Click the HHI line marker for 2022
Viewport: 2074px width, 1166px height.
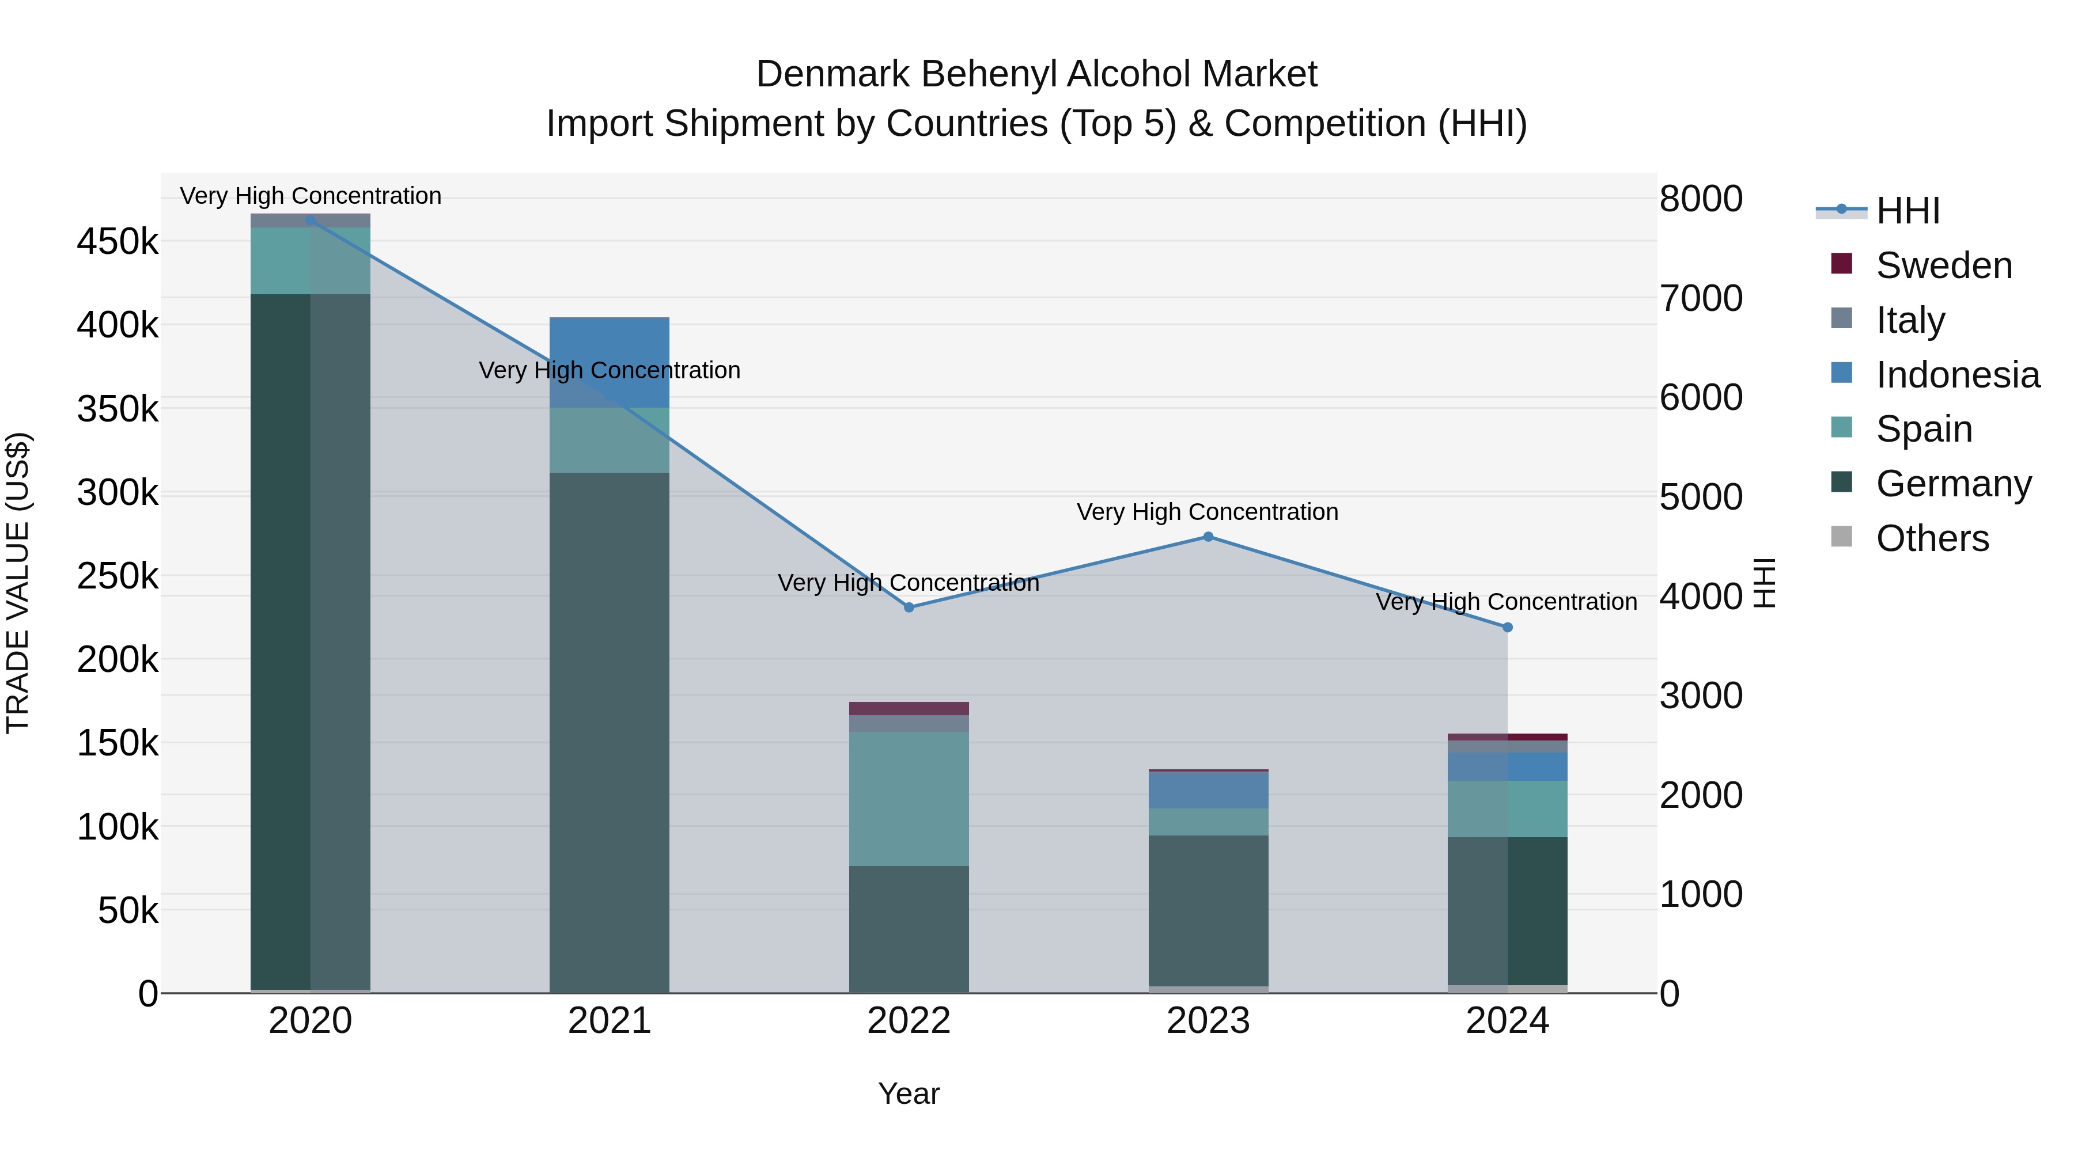pyautogui.click(x=909, y=607)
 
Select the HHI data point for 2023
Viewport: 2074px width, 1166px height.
pyautogui.click(x=1208, y=537)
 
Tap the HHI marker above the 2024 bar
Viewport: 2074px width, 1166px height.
pyautogui.click(x=1507, y=627)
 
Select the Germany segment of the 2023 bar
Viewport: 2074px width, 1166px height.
pyautogui.click(x=1208, y=909)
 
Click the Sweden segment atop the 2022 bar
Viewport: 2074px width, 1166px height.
pyautogui.click(x=909, y=708)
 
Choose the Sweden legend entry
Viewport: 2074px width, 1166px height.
pyautogui.click(x=1944, y=265)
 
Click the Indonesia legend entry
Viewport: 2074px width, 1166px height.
pyautogui.click(x=1957, y=375)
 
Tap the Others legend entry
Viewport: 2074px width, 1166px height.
pyautogui.click(x=1932, y=538)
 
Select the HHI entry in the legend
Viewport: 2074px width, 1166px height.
pyautogui.click(x=1908, y=211)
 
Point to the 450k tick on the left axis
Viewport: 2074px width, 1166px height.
pyautogui.click(x=118, y=241)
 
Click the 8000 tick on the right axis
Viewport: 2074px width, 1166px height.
pyautogui.click(x=1701, y=199)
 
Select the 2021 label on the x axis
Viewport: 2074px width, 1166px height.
pyautogui.click(x=610, y=1021)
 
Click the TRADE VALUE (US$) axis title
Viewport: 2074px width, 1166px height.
pyautogui.click(x=18, y=583)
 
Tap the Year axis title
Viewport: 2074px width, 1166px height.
pyautogui.click(x=909, y=1093)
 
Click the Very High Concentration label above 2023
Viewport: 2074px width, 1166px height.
pyautogui.click(x=1207, y=512)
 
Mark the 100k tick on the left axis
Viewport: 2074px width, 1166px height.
pyautogui.click(x=118, y=826)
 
